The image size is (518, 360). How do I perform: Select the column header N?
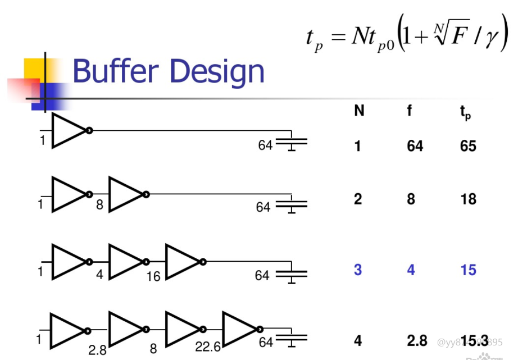pos(358,111)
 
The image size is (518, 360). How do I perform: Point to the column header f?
pos(410,111)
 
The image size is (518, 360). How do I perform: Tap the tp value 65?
pos(467,146)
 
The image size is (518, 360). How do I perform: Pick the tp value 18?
pos(467,199)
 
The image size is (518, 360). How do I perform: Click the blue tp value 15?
pos(467,270)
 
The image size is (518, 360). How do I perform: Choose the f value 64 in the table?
pos(415,146)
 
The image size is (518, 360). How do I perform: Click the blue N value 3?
pos(358,270)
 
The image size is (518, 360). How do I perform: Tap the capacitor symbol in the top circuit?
pos(292,142)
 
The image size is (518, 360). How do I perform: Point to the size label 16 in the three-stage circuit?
pos(153,276)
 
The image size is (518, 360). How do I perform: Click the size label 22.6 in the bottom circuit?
pos(208,348)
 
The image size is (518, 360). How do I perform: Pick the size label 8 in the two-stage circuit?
pos(99,205)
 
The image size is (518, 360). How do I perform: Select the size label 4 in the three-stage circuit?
pos(99,276)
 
